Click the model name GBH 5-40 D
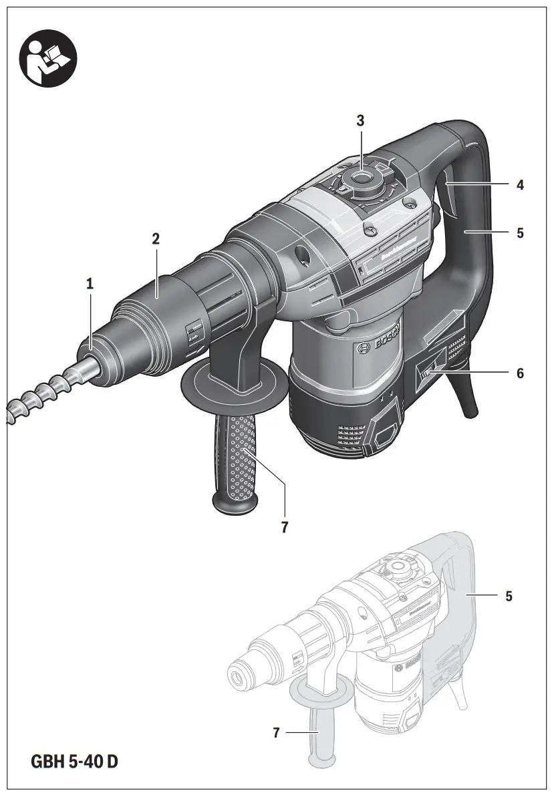[78, 761]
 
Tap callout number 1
[90, 283]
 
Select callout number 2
[156, 238]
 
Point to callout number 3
[360, 121]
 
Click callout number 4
[519, 185]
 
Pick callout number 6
[519, 373]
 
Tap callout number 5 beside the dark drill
[519, 233]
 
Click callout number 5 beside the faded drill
[509, 596]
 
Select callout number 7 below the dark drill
[285, 527]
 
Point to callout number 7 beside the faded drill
[276, 733]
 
